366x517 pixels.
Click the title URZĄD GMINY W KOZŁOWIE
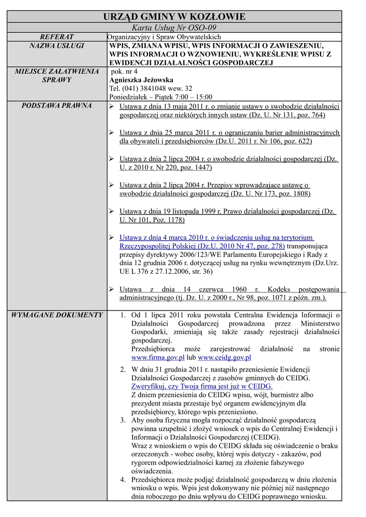[174, 17]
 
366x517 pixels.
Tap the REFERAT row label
[57, 37]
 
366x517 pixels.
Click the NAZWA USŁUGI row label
[57, 45]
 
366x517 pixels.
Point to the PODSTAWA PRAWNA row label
[57, 106]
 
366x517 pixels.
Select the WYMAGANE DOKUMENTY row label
[57, 315]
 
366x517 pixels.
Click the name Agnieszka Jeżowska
[141, 80]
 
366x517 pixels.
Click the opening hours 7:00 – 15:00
[193, 97]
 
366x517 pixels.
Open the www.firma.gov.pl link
[156, 357]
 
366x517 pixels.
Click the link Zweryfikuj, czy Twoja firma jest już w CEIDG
[202, 386]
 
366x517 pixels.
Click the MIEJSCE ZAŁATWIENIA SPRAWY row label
[57, 75]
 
